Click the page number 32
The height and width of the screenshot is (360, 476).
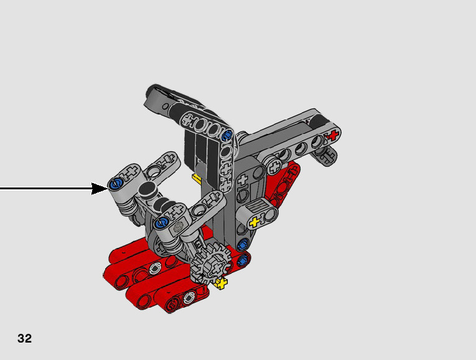point(25,338)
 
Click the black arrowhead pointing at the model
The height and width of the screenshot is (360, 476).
point(100,189)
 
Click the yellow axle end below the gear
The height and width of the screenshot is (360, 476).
point(222,284)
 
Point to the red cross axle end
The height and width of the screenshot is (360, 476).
point(333,135)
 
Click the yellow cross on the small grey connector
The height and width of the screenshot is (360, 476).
point(254,222)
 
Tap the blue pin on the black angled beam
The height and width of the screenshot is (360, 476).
point(226,135)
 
